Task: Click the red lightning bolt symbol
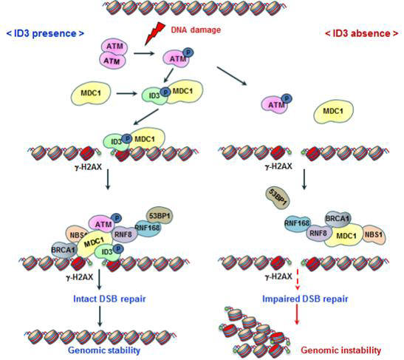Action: [154, 33]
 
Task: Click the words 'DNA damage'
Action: [196, 30]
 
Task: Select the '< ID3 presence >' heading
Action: [45, 33]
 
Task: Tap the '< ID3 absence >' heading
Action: [361, 33]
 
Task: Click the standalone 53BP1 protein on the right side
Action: [278, 198]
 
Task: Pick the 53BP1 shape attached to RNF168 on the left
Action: [160, 216]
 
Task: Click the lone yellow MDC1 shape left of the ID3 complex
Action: [91, 93]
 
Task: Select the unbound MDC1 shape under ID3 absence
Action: [333, 112]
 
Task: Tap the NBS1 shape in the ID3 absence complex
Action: [374, 234]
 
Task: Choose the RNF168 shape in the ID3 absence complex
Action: [297, 223]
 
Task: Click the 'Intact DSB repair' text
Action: [109, 299]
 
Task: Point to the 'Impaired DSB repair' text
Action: [305, 299]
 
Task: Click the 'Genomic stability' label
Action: [104, 350]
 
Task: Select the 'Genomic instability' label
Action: [341, 350]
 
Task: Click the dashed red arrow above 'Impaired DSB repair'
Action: [298, 280]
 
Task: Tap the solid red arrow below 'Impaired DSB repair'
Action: [297, 314]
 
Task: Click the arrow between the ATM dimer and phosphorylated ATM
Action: [144, 54]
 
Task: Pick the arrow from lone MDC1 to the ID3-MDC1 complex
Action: [126, 93]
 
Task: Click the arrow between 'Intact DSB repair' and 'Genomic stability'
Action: [100, 316]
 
